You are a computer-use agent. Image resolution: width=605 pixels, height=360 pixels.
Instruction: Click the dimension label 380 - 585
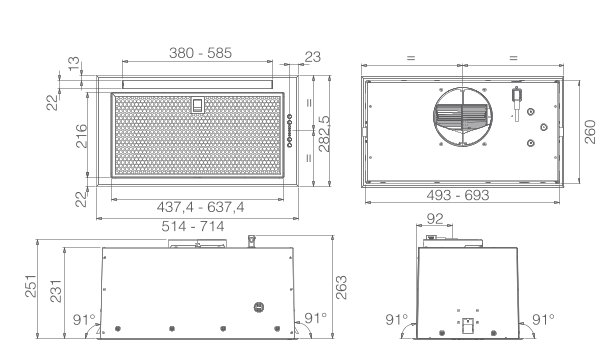pyautogui.click(x=200, y=53)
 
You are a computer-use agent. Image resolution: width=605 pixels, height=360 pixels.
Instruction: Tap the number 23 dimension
pyautogui.click(x=313, y=57)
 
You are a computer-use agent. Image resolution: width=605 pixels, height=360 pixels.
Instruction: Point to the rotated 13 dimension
pyautogui.click(x=74, y=62)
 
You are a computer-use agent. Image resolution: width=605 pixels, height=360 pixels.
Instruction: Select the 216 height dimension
pyautogui.click(x=81, y=136)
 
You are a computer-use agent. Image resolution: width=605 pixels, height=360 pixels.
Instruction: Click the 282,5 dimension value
pyautogui.click(x=324, y=134)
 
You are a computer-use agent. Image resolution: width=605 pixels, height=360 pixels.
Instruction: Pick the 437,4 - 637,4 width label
pyautogui.click(x=200, y=207)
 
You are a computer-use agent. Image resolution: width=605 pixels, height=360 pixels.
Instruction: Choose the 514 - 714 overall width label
pyautogui.click(x=193, y=226)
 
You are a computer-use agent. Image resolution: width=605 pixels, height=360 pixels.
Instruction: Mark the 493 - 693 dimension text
pyautogui.click(x=458, y=195)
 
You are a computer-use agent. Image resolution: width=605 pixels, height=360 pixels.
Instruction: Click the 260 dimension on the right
pyautogui.click(x=590, y=132)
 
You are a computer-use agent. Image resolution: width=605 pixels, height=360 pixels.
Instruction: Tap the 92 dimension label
pyautogui.click(x=435, y=219)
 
